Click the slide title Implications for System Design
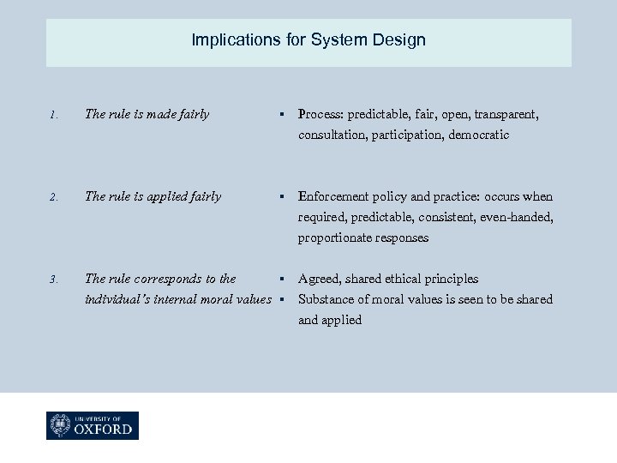308,40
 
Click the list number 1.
52,115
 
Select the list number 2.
52,197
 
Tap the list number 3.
52,280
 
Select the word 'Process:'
320,114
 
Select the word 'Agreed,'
319,279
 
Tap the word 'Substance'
325,299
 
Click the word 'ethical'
410,279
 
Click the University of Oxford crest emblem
61,425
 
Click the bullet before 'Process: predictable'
280,115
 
